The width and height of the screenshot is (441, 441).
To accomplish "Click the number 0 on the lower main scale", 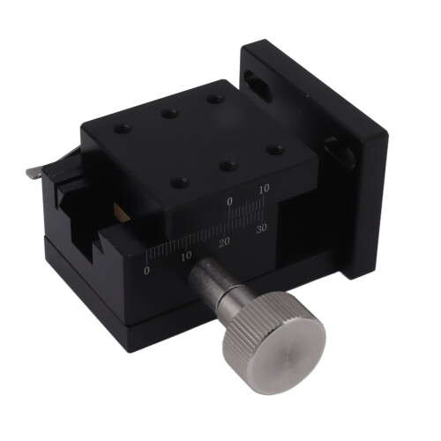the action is pos(146,271).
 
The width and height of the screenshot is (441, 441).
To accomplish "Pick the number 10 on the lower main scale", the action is pos(186,256).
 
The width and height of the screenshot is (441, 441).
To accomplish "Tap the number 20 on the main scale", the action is pos(224,242).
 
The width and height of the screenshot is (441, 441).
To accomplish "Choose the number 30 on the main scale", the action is pos(261,228).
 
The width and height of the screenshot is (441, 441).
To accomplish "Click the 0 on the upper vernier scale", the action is pos(229,201).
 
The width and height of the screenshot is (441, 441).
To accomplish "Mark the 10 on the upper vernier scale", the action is pos(265,189).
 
